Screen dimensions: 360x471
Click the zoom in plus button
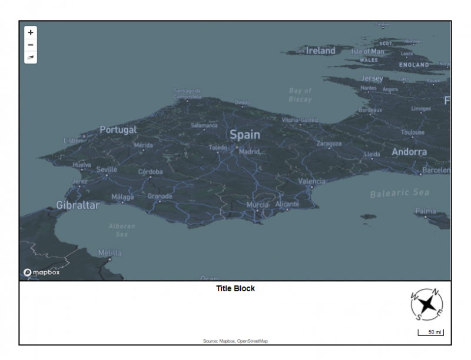click(31, 32)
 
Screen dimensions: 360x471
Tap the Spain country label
click(244, 135)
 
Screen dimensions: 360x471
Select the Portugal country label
click(118, 129)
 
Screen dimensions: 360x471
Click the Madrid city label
click(249, 151)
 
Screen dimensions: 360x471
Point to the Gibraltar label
click(78, 205)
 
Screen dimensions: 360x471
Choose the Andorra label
click(409, 152)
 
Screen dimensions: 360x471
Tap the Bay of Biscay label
click(300, 95)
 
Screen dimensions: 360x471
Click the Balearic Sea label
click(400, 193)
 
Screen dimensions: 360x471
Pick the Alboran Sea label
click(122, 230)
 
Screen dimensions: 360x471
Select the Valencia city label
click(311, 181)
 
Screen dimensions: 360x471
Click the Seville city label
click(107, 169)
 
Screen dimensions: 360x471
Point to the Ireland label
click(320, 51)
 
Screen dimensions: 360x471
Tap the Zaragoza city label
click(329, 144)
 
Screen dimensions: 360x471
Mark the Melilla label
click(110, 253)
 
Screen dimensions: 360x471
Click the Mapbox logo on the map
click(42, 272)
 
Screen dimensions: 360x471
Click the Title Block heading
click(235, 289)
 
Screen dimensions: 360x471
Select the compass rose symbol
click(427, 305)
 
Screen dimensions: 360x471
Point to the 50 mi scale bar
click(430, 333)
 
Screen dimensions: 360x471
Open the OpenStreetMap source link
click(252, 341)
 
